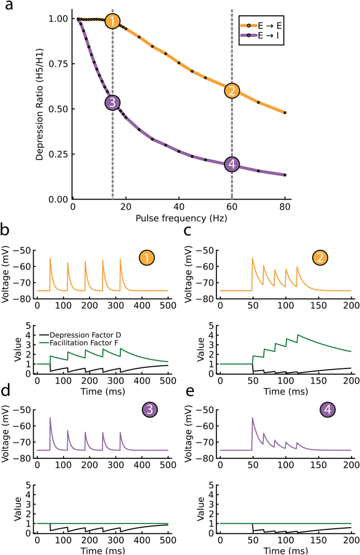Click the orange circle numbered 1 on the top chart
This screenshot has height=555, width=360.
click(112, 22)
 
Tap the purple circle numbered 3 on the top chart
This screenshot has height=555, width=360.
click(112, 102)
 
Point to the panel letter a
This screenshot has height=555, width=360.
click(7, 6)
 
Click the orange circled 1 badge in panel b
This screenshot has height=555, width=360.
click(147, 258)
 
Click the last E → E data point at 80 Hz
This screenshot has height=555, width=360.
click(285, 112)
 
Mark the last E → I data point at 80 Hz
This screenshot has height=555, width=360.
click(285, 175)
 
